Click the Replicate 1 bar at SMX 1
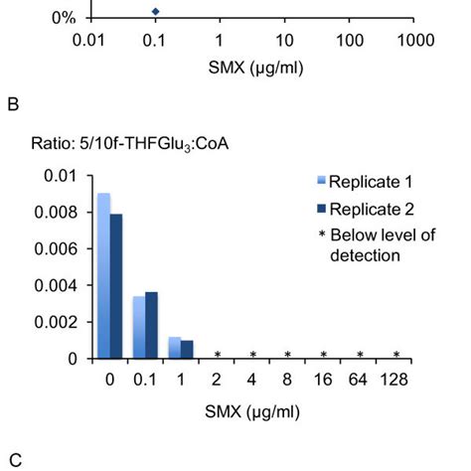coord(174,348)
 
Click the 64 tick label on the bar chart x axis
coord(360,379)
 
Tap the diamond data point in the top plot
coord(154,12)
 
